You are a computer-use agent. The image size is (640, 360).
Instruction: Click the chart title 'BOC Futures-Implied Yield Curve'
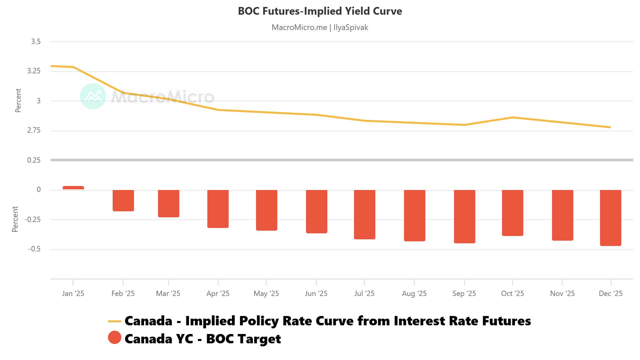pyautogui.click(x=320, y=11)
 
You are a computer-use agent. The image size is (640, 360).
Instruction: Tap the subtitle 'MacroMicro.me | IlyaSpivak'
pyautogui.click(x=320, y=27)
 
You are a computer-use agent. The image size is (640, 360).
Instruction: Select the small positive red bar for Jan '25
pyautogui.click(x=73, y=188)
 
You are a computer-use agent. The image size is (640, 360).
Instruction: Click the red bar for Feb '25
pyautogui.click(x=123, y=200)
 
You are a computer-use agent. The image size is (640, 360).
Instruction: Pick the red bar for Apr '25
pyautogui.click(x=218, y=209)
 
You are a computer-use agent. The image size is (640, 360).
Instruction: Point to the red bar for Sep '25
pyautogui.click(x=464, y=216)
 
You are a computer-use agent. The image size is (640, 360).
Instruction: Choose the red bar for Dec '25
pyautogui.click(x=610, y=218)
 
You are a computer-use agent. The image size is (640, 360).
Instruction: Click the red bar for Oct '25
pyautogui.click(x=512, y=213)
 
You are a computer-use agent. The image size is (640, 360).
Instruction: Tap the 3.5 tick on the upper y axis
pyautogui.click(x=36, y=42)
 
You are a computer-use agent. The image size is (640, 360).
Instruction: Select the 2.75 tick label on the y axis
pyautogui.click(x=34, y=130)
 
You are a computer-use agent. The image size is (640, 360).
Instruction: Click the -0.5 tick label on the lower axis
pyautogui.click(x=34, y=249)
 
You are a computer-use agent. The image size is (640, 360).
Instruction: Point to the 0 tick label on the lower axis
pyautogui.click(x=39, y=190)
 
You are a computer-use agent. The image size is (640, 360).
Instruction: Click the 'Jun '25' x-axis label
pyautogui.click(x=316, y=293)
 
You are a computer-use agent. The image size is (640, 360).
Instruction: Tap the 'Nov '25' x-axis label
pyautogui.click(x=562, y=293)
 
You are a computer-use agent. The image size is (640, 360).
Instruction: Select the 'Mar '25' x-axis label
pyautogui.click(x=168, y=293)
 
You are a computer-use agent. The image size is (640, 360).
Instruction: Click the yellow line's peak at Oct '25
pyautogui.click(x=512, y=117)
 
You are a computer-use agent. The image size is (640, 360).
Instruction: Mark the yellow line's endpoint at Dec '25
pyautogui.click(x=610, y=127)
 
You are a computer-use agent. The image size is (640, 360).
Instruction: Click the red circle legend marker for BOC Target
pyautogui.click(x=115, y=337)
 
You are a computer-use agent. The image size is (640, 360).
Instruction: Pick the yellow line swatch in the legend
pyautogui.click(x=115, y=321)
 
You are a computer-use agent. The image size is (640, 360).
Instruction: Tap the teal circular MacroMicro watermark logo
pyautogui.click(x=93, y=96)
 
